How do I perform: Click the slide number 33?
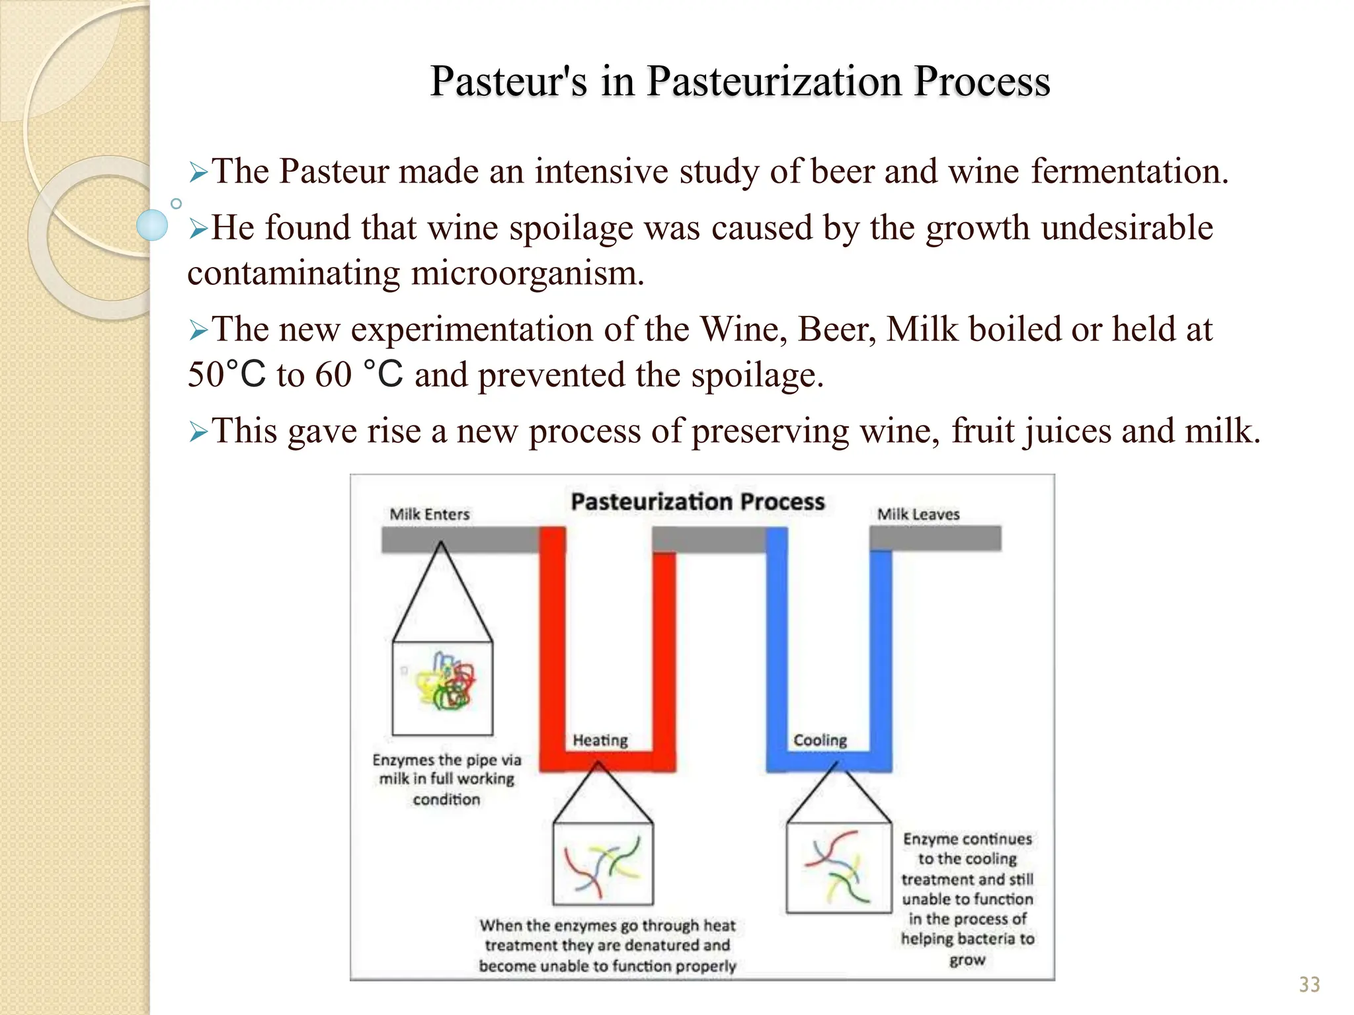(1309, 985)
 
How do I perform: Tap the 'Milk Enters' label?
(430, 514)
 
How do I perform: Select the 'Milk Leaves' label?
(918, 514)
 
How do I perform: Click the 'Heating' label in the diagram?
(600, 740)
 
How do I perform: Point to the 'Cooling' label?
(820, 740)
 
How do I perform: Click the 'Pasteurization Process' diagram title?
(697, 502)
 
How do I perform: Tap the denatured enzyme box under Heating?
(603, 864)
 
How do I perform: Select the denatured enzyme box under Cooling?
(838, 867)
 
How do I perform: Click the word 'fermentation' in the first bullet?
(1129, 171)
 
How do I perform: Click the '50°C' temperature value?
(226, 375)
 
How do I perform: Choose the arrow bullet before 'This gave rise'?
(198, 432)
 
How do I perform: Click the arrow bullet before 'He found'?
(198, 229)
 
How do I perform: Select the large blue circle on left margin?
(152, 225)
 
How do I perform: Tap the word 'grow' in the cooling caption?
(967, 959)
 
